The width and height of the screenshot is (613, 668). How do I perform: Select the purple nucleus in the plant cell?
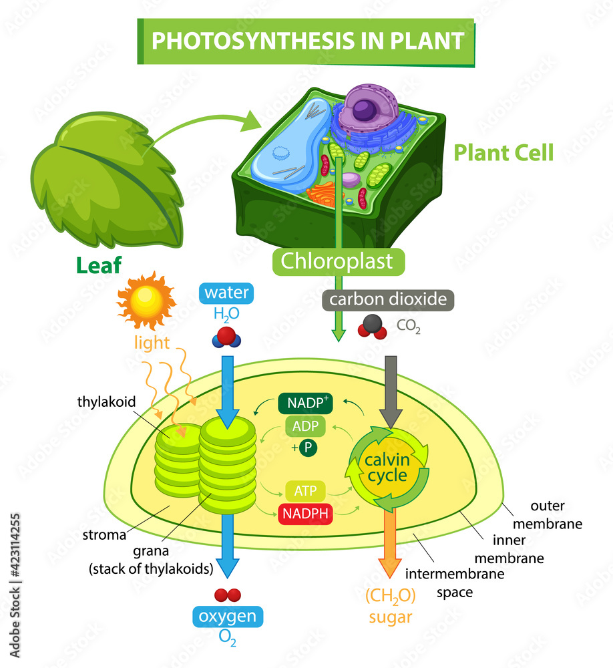click(365, 109)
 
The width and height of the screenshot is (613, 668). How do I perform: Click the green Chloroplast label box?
click(338, 261)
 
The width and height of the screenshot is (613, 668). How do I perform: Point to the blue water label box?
click(226, 293)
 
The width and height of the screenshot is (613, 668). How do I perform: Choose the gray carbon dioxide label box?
click(388, 299)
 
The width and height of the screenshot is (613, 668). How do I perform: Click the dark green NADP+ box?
click(304, 403)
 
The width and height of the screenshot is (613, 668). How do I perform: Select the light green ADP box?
click(304, 426)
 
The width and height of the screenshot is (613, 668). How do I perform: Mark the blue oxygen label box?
click(228, 616)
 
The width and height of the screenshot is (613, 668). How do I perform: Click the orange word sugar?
click(391, 617)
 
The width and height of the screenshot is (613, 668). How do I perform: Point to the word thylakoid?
click(107, 402)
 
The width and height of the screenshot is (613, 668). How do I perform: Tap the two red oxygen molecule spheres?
click(227, 595)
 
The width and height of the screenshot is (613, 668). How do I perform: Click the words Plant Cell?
click(503, 153)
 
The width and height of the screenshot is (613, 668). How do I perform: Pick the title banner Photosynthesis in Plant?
click(307, 41)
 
